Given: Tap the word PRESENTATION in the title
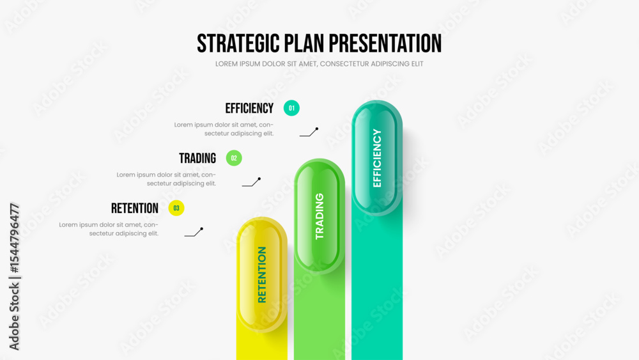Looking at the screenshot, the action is [385, 43].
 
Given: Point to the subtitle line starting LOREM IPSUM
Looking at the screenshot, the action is [319, 64].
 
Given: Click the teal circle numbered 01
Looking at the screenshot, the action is [291, 108].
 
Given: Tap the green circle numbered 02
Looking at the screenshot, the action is [234, 158].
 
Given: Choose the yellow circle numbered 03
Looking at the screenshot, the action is [176, 208].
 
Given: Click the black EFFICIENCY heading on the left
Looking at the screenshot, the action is [249, 109].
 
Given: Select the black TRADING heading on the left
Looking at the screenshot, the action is [197, 158].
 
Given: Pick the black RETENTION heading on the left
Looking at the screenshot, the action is [135, 208].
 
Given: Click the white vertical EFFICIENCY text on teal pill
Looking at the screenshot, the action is [377, 158].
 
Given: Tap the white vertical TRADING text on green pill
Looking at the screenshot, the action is [319, 216].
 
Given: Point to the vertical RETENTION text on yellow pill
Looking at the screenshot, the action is [262, 275].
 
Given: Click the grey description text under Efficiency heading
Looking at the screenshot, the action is [224, 129].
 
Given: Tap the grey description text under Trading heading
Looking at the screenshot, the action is [166, 179].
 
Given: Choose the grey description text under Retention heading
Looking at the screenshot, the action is [109, 229].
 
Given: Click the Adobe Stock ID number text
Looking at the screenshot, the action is [14, 238].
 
